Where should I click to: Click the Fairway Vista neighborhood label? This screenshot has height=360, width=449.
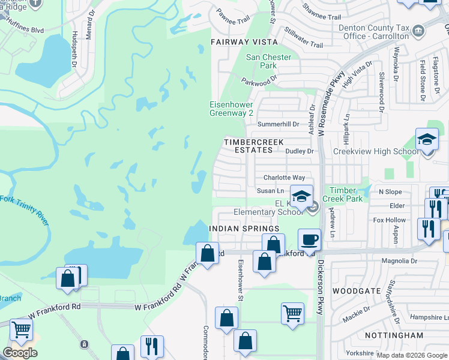click(244, 42)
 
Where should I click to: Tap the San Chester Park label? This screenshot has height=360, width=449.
click(269, 61)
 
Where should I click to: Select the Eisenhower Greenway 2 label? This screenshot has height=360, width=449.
click(231, 108)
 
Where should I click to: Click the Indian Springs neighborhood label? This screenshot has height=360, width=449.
click(244, 229)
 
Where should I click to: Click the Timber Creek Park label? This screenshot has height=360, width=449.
click(343, 194)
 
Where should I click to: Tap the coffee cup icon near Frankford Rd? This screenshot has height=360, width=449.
click(310, 239)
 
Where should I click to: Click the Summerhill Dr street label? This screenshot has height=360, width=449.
click(278, 124)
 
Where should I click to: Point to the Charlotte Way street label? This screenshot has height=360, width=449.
click(285, 178)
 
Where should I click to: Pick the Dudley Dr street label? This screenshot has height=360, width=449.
click(300, 151)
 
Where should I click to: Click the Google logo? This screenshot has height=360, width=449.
click(20, 353)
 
